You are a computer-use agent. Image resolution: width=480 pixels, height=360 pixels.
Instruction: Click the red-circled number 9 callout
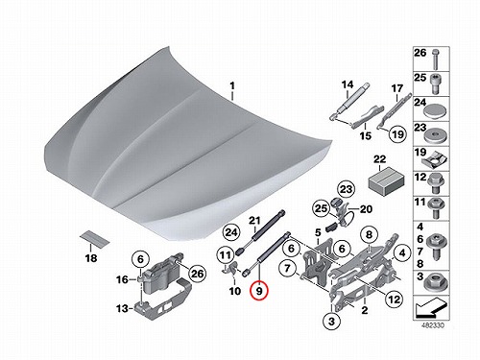coord(259,291)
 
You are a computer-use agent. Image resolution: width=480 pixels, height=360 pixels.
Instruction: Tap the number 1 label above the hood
coord(232,85)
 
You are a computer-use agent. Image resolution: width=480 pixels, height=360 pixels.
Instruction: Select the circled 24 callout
coord(231,232)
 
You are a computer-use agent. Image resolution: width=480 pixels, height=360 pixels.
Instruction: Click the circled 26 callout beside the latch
coord(197,274)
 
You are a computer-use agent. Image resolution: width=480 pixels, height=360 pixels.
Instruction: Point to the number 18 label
coord(91,258)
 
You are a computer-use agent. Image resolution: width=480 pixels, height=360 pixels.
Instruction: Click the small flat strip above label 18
coord(94,239)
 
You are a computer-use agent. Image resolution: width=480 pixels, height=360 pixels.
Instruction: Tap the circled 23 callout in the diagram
coord(346,189)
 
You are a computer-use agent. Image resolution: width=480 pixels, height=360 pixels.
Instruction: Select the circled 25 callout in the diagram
coord(321,208)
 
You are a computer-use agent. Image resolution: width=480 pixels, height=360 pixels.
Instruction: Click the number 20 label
coord(366,209)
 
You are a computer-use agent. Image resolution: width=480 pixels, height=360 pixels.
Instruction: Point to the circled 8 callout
coord(369,235)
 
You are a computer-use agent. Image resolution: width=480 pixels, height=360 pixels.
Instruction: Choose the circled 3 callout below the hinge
coord(331,321)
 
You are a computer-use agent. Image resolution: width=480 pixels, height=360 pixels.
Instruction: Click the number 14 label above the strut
coord(348,84)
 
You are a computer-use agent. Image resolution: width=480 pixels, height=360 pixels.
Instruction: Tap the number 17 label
coord(397,88)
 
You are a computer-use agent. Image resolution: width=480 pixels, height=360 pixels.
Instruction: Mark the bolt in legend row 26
coord(435,60)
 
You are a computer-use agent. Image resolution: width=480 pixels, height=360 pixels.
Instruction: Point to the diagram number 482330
coord(433,325)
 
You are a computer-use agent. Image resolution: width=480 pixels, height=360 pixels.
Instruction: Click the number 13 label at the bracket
coord(122,309)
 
